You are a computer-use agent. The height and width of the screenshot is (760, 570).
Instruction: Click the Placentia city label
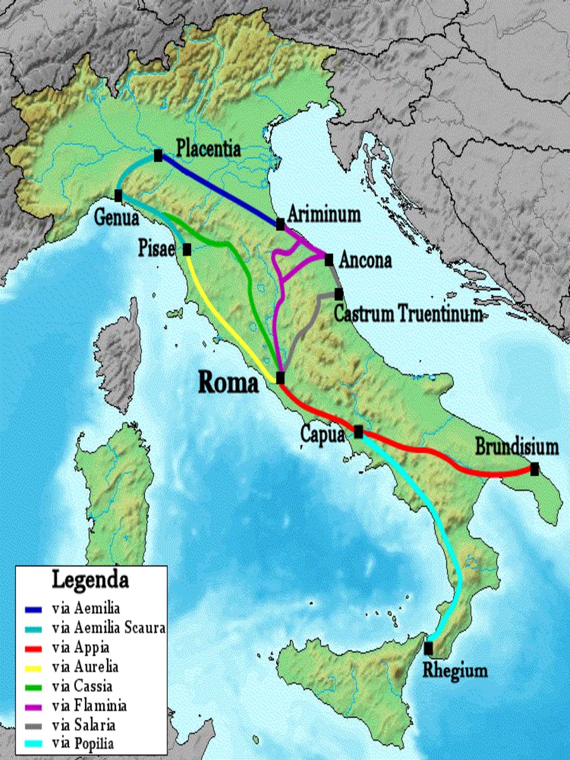pos(208,149)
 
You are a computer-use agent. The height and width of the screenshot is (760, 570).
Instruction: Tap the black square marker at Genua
pos(118,196)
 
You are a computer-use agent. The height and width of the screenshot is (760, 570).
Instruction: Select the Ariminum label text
pos(324,213)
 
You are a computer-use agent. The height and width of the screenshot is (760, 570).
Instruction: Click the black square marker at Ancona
pos(329,259)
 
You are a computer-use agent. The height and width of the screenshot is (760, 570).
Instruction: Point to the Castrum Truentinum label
pos(408,313)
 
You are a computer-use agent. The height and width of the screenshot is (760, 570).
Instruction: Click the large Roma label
pos(229,383)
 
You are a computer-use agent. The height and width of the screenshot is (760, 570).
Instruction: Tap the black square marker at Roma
pos(281,378)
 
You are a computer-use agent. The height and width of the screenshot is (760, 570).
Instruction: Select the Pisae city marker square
pos(187,249)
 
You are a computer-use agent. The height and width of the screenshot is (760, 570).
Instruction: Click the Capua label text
pos(322,435)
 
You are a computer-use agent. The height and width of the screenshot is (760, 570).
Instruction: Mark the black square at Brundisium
pos(535,469)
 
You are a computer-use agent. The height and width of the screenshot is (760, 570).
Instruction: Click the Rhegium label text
pos(457,670)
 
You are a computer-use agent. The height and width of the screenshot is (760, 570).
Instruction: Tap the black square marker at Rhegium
pos(429,648)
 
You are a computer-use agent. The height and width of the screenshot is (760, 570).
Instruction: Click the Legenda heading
pos(90,579)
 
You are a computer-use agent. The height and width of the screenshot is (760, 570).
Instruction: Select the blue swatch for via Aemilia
pos(33,610)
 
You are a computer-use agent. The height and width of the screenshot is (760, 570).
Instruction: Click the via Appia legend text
pos(81,647)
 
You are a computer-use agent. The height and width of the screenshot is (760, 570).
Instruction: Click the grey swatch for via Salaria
pos(33,725)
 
